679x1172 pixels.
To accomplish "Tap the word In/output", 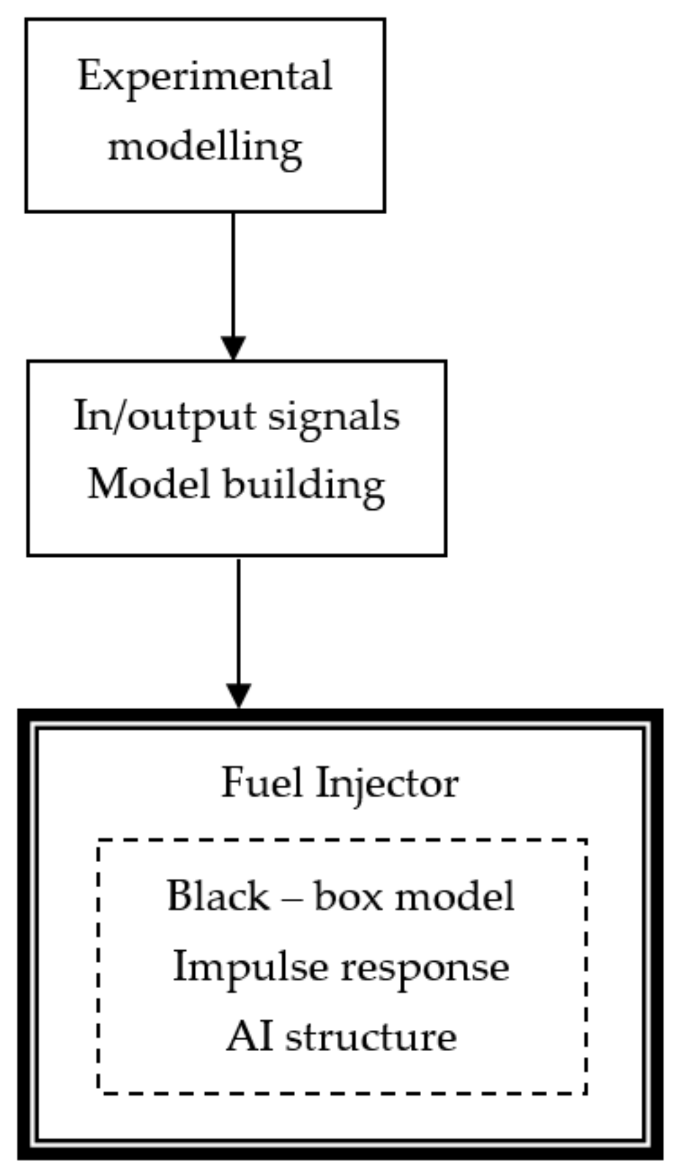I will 164,416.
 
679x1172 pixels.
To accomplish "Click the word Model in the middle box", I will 148,484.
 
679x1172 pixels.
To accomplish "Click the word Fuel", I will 261,782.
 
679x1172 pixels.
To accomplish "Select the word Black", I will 218,896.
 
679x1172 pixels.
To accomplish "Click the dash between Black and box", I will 292,898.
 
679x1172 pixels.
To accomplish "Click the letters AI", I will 249,1037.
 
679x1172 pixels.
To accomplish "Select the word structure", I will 371,1037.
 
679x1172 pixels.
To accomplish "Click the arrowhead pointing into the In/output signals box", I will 233,348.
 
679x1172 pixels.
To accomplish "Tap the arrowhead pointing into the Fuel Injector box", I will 238,696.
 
